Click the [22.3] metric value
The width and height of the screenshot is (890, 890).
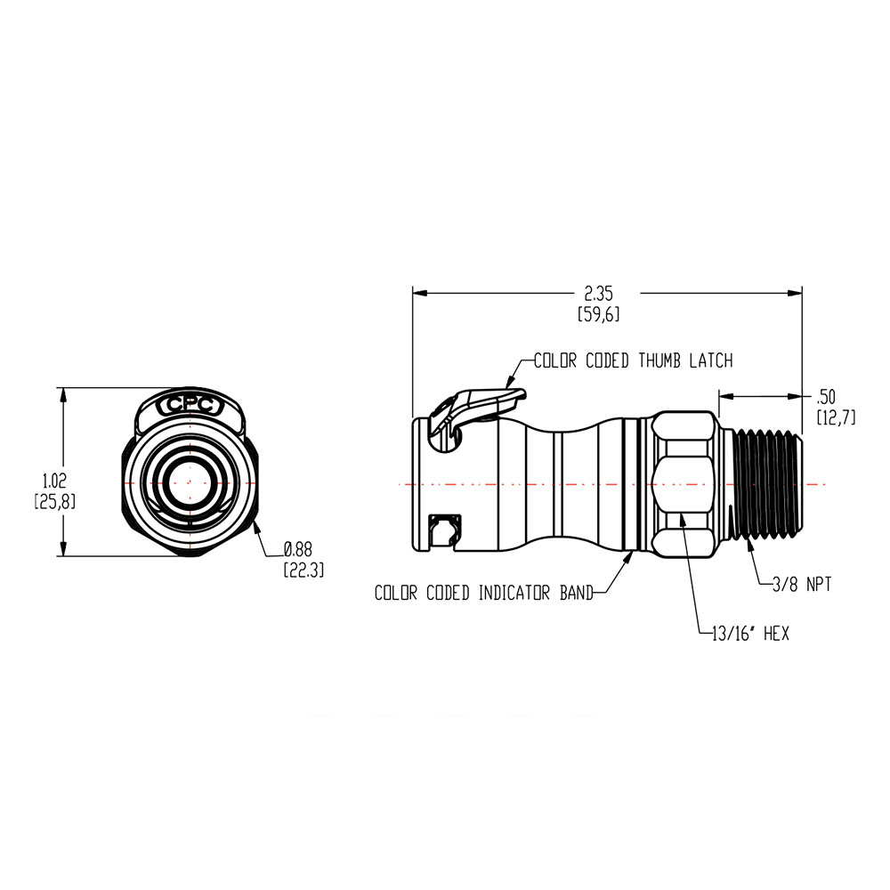303,570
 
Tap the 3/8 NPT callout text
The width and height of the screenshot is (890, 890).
799,585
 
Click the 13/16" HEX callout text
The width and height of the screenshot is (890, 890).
746,634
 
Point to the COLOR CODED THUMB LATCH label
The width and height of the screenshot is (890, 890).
633,360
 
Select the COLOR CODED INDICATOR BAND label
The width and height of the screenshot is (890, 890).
483,593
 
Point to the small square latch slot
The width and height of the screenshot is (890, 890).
441,531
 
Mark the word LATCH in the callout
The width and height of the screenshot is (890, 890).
709,360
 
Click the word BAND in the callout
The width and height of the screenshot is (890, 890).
574,593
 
